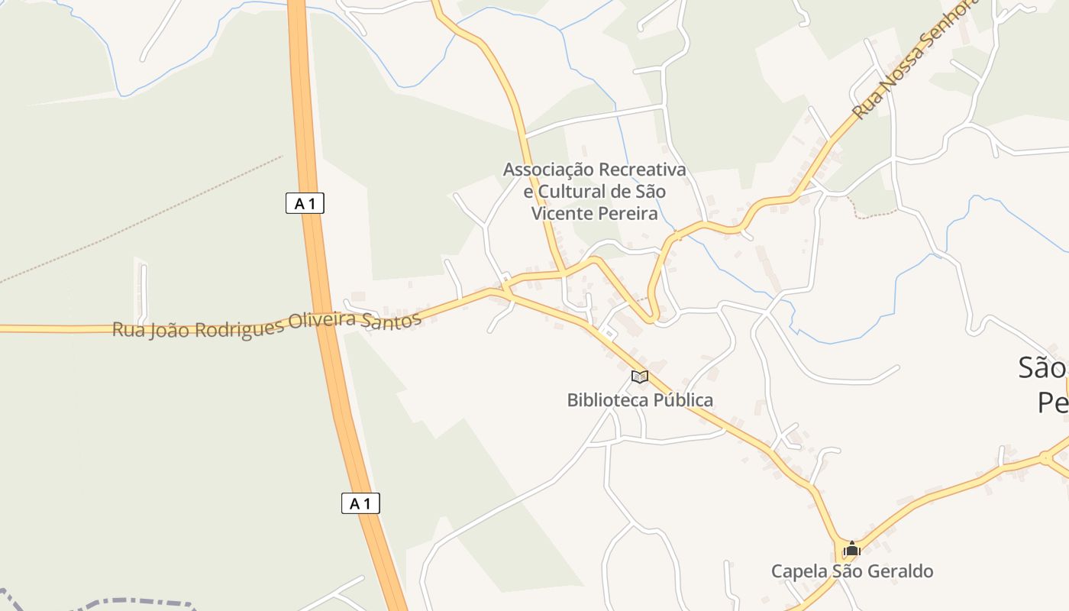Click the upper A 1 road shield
pos(305,203)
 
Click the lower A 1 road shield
pos(360,503)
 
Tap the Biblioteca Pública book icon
pos(640,377)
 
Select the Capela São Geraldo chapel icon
pos(852,549)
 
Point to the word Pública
pos(683,400)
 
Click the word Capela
pos(797,571)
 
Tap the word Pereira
pos(629,214)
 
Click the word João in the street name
pos(169,330)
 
